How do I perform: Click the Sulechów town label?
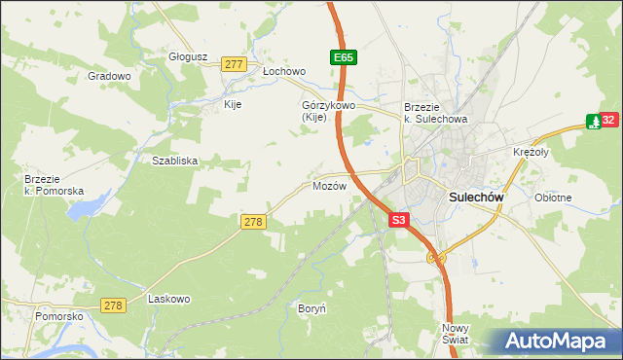pos(475,197)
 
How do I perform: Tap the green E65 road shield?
pos(343,58)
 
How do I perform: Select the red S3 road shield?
pos(398,221)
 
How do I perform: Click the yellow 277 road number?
pos(233,64)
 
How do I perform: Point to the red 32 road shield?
pos(608,121)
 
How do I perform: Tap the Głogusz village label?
pos(189,56)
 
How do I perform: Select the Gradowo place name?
pos(109,76)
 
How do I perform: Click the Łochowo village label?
pos(284,72)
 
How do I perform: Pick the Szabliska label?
pos(175,162)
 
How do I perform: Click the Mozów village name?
pos(329,186)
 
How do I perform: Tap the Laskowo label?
pos(168,299)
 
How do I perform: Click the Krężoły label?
pos(531,153)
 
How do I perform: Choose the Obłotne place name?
pos(553,197)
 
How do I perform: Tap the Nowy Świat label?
pos(455,334)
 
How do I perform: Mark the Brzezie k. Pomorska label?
pos(54,185)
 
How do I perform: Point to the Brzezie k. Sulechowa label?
pos(436,113)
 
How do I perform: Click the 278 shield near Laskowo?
pos(114,306)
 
